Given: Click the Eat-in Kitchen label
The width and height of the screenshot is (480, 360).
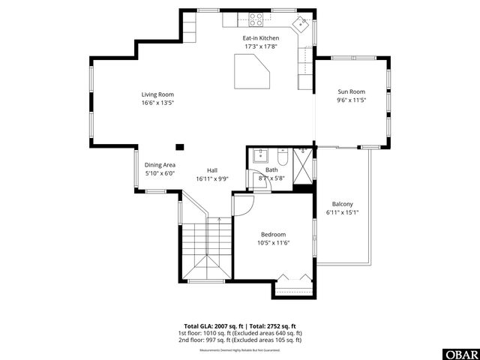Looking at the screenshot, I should tap(260, 37).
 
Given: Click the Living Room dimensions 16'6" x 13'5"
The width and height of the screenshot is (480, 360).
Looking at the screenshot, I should tap(157, 103).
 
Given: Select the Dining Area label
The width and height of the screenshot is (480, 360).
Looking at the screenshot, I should tap(160, 164).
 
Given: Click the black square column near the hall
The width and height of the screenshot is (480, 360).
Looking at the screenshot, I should tap(179, 147).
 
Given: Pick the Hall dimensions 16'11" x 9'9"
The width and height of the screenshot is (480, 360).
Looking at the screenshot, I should tap(212, 179).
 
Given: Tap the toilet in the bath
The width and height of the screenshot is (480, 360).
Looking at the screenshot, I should tap(283, 157).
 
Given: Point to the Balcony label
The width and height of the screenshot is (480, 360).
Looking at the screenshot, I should tap(343, 204).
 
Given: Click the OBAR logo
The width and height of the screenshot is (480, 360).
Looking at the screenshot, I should tap(462, 352).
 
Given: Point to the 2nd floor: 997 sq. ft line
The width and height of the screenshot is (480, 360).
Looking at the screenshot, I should tap(240, 340).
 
